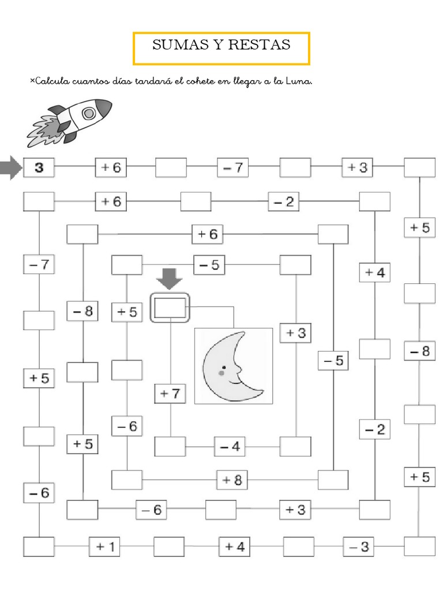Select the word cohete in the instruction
[x=198, y=81]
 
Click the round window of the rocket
[x=88, y=114]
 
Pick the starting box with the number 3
[x=39, y=168]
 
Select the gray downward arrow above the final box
[x=169, y=279]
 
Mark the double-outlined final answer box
[x=170, y=308]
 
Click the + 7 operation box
[x=170, y=394]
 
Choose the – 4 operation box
[x=230, y=447]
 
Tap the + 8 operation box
[x=232, y=480]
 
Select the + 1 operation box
[x=104, y=547]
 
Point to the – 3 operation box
[x=359, y=546]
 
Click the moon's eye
[x=236, y=367]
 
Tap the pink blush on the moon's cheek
[x=222, y=373]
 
